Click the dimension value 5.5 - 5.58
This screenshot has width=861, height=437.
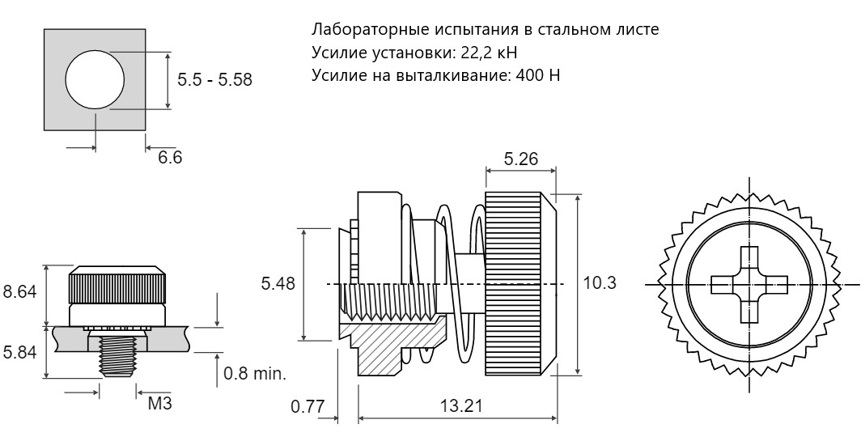(214, 79)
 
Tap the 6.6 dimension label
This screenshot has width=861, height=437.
(170, 158)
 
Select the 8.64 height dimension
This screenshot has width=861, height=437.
(19, 291)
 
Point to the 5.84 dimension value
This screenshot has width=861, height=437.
(19, 352)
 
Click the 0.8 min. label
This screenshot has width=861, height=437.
(255, 374)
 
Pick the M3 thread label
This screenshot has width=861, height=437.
(159, 404)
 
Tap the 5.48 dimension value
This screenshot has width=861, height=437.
(278, 283)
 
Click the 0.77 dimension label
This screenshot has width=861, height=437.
(307, 407)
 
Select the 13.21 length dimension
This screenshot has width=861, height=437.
(461, 406)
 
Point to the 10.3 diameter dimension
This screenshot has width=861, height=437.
(600, 282)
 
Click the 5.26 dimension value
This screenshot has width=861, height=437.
(520, 159)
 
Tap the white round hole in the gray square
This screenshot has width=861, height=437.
(95, 79)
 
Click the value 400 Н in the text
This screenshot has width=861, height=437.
(538, 74)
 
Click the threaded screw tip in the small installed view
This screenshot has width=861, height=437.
(117, 356)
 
